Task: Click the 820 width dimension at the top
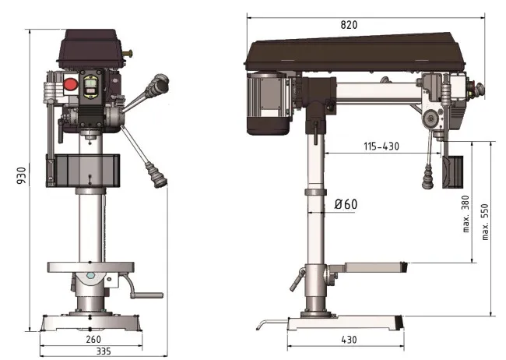point(349,25)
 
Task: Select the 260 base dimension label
point(93,339)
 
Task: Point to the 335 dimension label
point(104,352)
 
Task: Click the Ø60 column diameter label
point(346,205)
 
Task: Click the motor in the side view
point(269,99)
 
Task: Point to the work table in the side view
point(366,268)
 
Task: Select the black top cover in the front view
point(90,48)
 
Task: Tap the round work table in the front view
point(92,266)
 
